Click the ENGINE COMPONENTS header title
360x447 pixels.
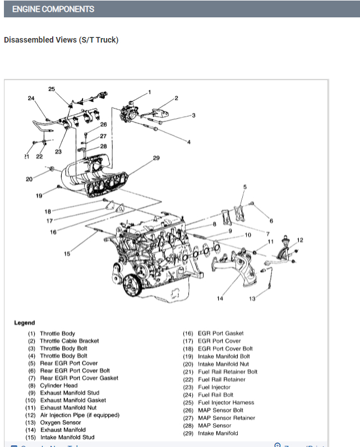(x=53, y=9)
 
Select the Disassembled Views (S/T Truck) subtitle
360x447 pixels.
(x=61, y=40)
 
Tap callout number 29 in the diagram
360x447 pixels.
(x=156, y=158)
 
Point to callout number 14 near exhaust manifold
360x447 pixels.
(x=220, y=299)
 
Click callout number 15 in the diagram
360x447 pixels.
(x=67, y=254)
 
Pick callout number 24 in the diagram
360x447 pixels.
(x=31, y=99)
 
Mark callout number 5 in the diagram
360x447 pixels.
(x=244, y=187)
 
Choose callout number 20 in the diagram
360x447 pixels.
(x=29, y=179)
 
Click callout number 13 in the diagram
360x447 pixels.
(x=252, y=299)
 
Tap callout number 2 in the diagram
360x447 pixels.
(x=176, y=98)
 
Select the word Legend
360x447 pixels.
(x=24, y=323)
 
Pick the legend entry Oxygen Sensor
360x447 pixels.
(x=60, y=422)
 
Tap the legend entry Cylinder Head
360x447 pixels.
(x=59, y=385)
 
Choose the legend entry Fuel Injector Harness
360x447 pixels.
(x=226, y=403)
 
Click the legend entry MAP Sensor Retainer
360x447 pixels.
(x=227, y=418)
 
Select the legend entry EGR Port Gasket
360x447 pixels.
(x=221, y=334)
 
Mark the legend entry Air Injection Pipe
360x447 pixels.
(x=80, y=415)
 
